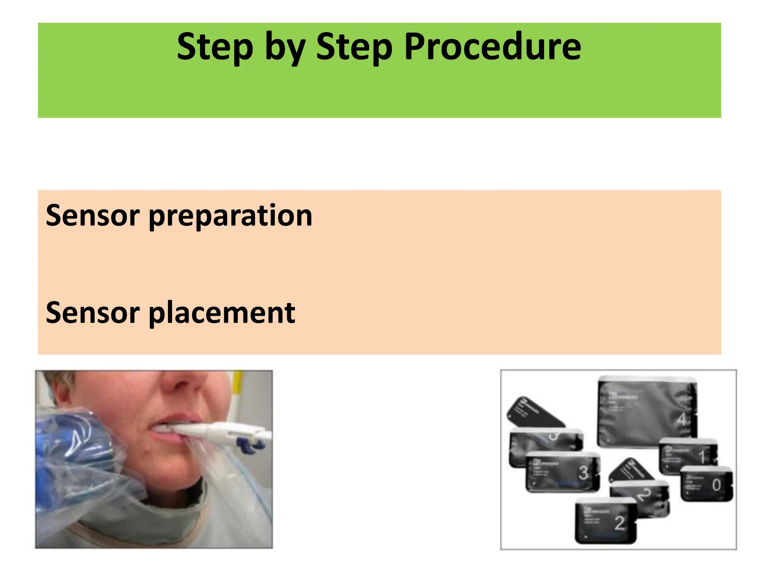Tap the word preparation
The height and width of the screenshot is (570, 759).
coord(231,216)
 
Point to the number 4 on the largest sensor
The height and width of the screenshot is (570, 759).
coord(681,420)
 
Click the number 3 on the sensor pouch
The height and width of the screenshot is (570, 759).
coord(583,473)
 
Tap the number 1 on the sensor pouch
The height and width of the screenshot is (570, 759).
coord(701,457)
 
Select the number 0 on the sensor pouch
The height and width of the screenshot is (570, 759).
coord(716,485)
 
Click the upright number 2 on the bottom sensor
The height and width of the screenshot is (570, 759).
coord(619,523)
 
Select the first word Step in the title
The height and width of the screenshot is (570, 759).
coord(215,47)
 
